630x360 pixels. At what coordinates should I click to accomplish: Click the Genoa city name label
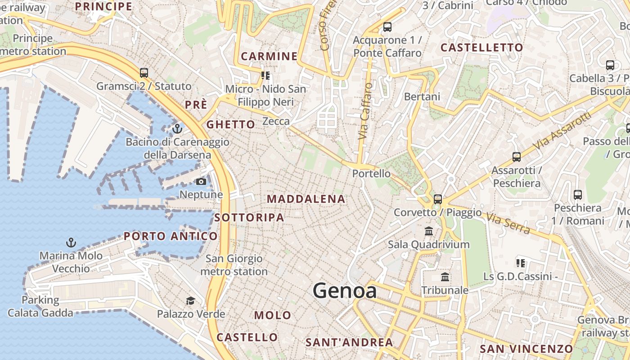[345, 290]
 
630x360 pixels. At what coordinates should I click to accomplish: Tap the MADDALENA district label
[306, 199]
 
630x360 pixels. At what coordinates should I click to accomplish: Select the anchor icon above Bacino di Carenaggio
[177, 129]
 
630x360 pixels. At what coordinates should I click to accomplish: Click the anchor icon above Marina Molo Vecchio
[71, 243]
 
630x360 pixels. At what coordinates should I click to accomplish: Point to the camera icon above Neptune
[201, 181]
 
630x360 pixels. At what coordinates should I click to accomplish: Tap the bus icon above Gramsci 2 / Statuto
[144, 72]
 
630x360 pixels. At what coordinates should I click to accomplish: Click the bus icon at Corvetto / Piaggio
[437, 199]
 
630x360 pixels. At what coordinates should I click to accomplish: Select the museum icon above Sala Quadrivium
[429, 231]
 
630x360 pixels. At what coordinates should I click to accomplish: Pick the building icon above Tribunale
[445, 277]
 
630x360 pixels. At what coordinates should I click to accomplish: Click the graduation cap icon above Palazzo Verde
[191, 301]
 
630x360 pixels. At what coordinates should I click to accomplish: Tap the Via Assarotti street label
[562, 131]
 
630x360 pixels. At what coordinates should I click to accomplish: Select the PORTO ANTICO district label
[171, 236]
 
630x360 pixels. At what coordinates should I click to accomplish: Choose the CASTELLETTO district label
[481, 48]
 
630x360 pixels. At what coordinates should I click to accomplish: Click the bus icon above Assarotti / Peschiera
[516, 157]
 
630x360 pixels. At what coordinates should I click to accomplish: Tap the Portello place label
[371, 173]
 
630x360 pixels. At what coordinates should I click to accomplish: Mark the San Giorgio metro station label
[234, 265]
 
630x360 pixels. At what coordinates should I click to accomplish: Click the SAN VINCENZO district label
[526, 349]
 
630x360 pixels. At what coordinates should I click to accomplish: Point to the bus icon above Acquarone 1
[387, 27]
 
